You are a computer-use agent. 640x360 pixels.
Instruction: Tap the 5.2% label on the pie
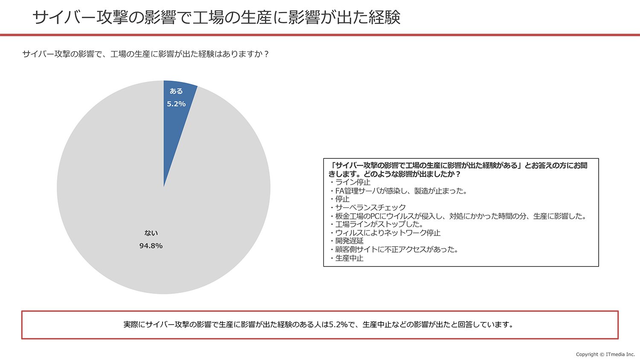[176, 104]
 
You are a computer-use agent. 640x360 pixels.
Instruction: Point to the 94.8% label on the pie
[151, 246]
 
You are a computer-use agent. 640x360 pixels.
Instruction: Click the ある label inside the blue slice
[176, 91]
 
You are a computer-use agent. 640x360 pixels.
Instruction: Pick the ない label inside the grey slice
[151, 233]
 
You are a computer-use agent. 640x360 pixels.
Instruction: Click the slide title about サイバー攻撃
[216, 18]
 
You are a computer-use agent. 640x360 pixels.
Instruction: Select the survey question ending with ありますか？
[145, 54]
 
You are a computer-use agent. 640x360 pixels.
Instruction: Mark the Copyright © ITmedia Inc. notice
[605, 354]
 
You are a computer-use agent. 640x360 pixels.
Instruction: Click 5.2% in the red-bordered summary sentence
[338, 325]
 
